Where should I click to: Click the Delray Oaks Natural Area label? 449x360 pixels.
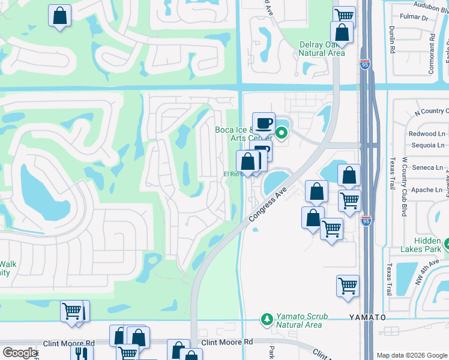point(322,49)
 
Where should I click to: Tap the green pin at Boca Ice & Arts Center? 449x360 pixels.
point(280,132)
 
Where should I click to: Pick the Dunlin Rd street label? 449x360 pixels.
point(391,42)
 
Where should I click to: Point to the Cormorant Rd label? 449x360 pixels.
point(431,53)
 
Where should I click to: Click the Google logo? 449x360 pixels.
point(20,353)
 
